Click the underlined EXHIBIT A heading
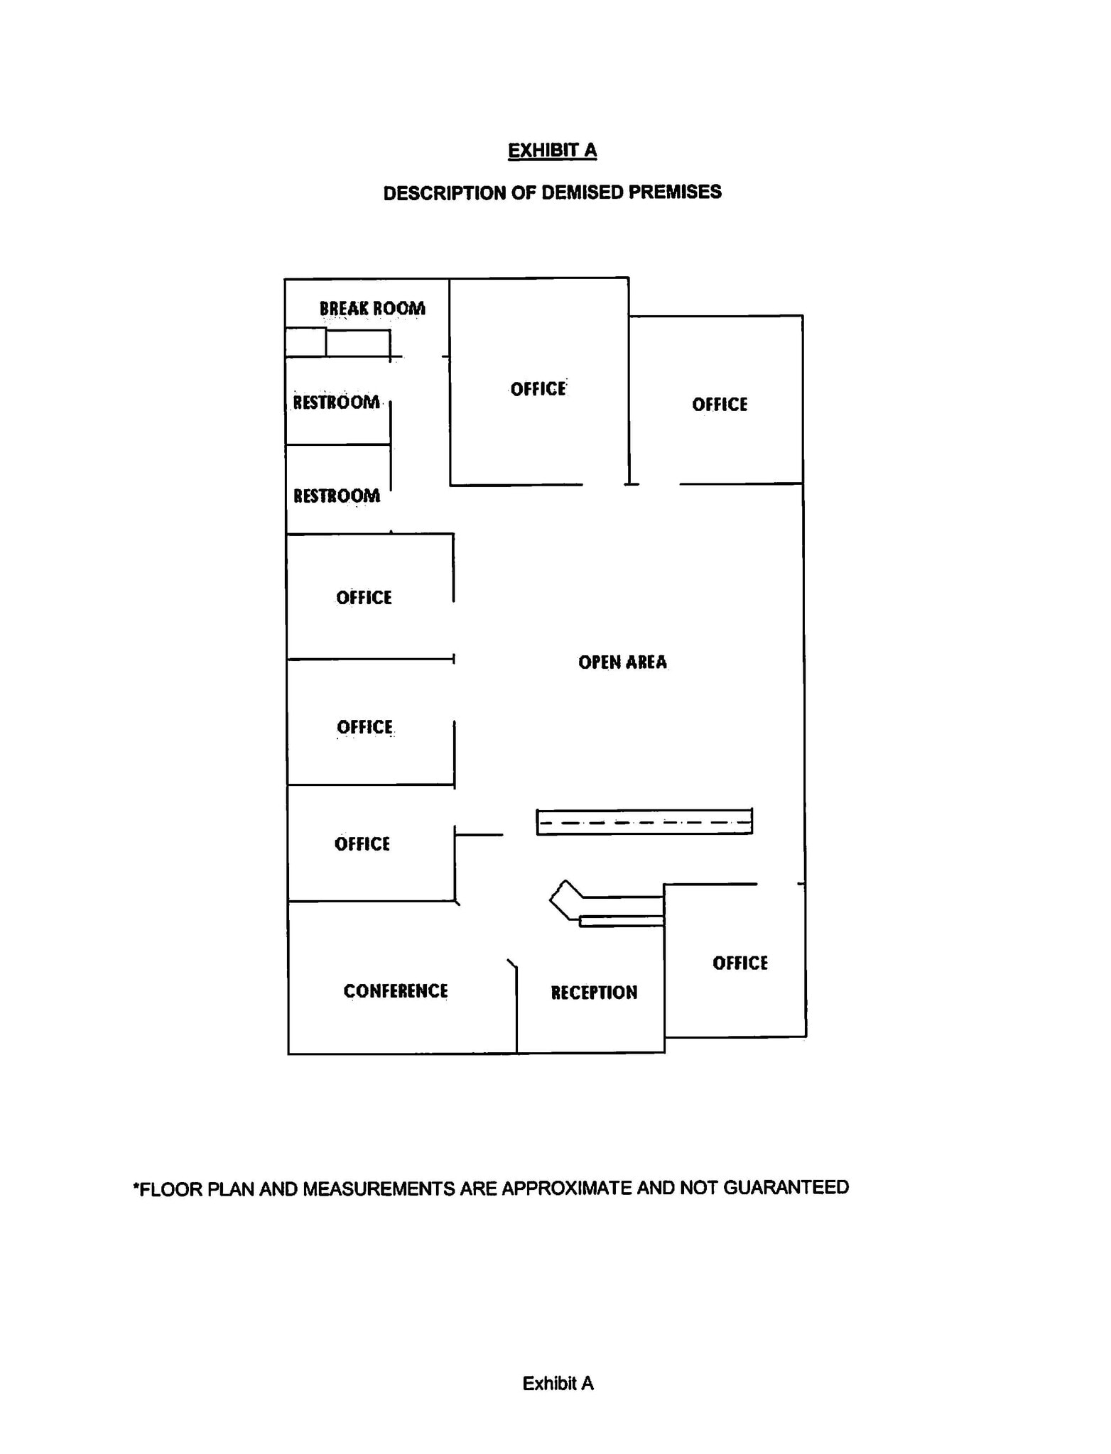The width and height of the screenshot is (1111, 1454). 552,151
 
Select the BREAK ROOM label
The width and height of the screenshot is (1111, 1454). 372,308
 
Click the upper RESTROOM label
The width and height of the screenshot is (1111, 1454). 337,403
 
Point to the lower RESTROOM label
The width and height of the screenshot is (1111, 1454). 337,496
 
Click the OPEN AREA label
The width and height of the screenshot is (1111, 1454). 622,662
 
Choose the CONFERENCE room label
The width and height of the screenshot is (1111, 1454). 396,991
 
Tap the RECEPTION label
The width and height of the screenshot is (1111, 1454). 594,993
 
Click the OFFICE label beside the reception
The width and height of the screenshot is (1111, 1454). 740,963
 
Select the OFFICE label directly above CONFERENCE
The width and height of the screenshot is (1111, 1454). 362,844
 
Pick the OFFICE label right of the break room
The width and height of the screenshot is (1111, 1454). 538,389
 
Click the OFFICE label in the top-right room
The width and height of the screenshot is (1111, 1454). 720,405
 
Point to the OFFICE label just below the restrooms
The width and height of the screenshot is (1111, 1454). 364,598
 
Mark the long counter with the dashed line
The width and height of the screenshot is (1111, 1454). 644,822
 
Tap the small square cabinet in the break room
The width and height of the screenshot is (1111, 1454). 305,342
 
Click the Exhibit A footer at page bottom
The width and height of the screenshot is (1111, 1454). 558,1383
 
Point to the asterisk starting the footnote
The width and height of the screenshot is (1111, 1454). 136,1185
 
